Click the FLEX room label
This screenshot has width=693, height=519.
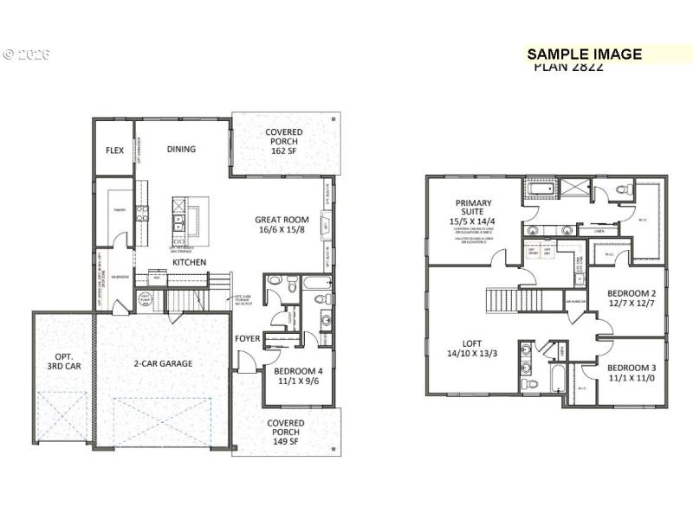(114, 150)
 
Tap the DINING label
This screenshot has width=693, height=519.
(181, 149)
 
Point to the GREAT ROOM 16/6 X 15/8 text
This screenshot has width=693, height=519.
(282, 225)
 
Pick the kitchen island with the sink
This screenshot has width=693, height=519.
(190, 221)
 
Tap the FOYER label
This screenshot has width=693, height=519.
(249, 338)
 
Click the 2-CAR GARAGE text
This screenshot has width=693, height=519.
(164, 363)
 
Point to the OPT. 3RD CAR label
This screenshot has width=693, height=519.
(64, 361)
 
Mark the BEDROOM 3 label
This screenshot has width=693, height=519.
(631, 373)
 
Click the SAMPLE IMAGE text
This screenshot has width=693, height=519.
(585, 54)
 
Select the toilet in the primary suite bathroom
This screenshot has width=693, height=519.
(620, 189)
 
